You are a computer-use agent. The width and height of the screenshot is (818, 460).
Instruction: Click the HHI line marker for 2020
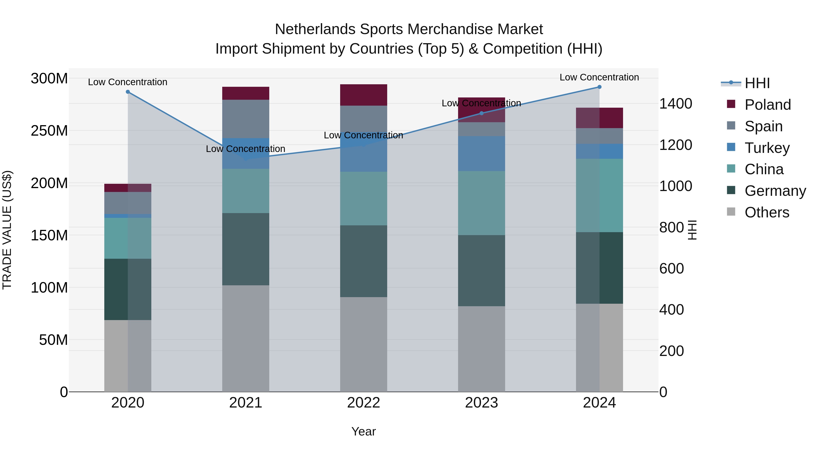[128, 92]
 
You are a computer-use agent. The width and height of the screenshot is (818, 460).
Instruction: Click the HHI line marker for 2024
[599, 87]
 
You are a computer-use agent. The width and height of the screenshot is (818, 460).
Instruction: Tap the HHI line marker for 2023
[481, 113]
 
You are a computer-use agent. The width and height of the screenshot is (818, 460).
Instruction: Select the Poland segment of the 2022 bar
[364, 95]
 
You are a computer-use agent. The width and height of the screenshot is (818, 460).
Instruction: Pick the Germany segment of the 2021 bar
[245, 249]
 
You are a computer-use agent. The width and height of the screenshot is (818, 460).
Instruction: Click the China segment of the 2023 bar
[481, 203]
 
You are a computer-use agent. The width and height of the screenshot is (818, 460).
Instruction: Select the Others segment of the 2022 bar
[364, 344]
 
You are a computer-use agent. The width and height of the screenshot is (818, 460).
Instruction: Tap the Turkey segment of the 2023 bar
[481, 154]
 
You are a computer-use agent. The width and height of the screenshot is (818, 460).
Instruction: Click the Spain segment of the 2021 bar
[245, 119]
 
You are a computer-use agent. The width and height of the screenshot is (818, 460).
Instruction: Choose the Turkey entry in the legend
[767, 148]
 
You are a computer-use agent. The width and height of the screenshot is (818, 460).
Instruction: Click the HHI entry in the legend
[757, 83]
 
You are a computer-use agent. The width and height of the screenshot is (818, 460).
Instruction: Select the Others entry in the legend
[767, 212]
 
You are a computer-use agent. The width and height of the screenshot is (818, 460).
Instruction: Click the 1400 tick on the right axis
[676, 104]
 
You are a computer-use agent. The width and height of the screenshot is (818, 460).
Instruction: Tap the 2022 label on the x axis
[364, 403]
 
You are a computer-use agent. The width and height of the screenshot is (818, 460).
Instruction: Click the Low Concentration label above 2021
[245, 149]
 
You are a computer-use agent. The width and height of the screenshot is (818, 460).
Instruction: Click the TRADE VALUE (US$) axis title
[7, 230]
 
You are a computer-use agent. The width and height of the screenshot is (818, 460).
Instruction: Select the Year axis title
[364, 431]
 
